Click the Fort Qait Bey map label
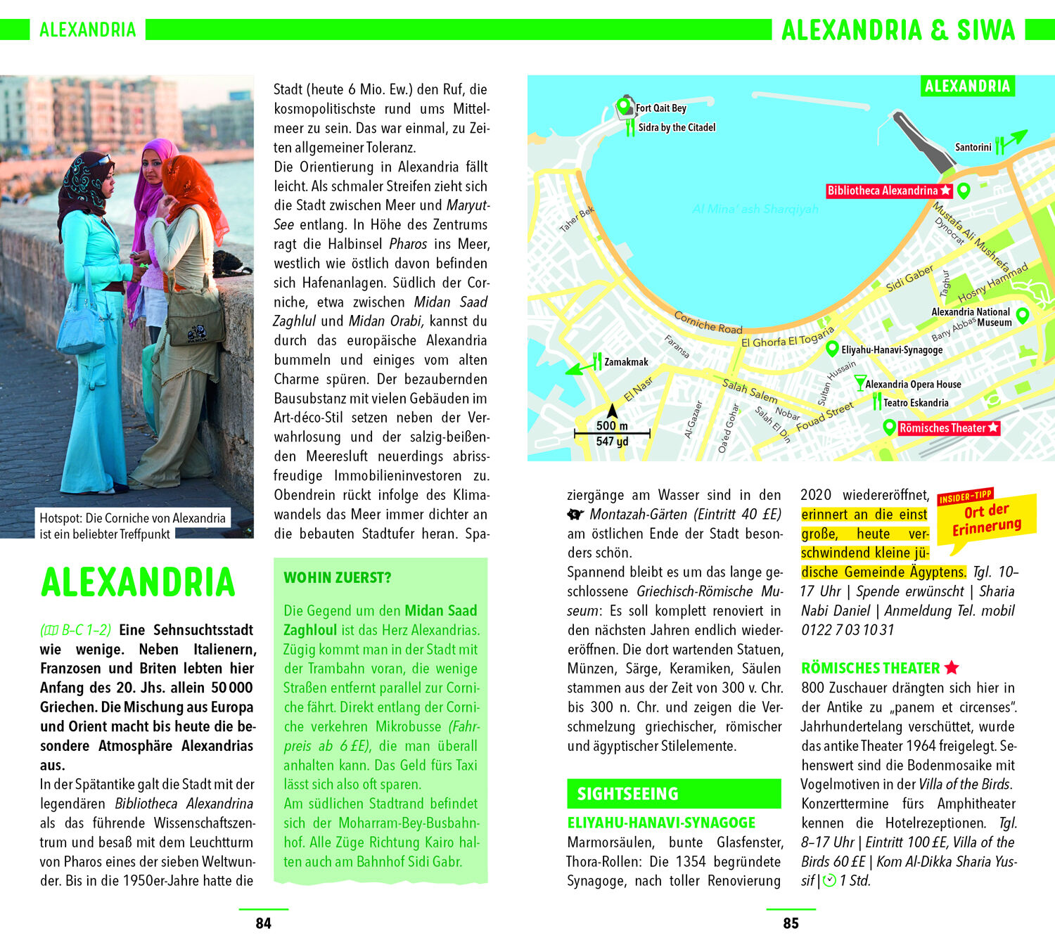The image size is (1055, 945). pyautogui.click(x=660, y=108)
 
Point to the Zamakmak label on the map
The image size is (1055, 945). pyautogui.click(x=626, y=362)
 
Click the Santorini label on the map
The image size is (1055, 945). pyautogui.click(x=973, y=148)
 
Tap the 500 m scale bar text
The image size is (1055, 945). pyautogui.click(x=612, y=425)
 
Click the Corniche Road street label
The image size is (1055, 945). pyautogui.click(x=708, y=323)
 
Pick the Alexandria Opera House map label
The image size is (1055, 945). pyautogui.click(x=912, y=385)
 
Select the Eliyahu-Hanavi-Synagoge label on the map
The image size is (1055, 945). pyautogui.click(x=891, y=349)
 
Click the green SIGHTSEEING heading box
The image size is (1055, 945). pyautogui.click(x=674, y=794)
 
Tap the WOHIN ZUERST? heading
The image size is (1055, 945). pyautogui.click(x=338, y=578)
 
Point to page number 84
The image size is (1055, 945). pyautogui.click(x=263, y=923)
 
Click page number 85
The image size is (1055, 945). pyautogui.click(x=791, y=923)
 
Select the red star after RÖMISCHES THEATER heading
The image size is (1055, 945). pyautogui.click(x=952, y=668)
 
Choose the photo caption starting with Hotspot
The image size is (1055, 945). pyautogui.click(x=132, y=525)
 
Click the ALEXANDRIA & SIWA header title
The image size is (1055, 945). pyautogui.click(x=898, y=30)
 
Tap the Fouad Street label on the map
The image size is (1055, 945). pyautogui.click(x=824, y=416)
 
